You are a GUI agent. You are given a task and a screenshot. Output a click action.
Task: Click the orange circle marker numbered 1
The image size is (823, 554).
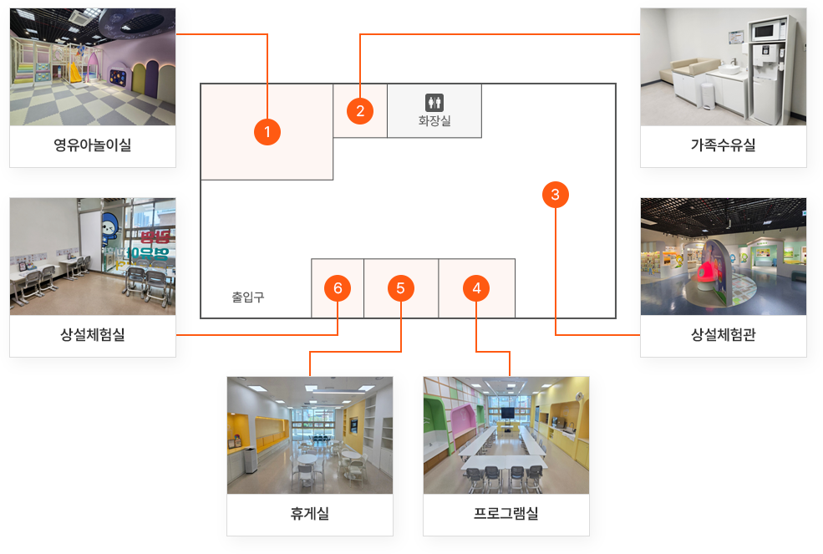click(x=267, y=131)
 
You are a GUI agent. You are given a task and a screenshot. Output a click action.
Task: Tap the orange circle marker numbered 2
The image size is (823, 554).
click(x=360, y=110)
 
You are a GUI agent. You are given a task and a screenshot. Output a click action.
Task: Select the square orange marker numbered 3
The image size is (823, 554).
click(x=556, y=194)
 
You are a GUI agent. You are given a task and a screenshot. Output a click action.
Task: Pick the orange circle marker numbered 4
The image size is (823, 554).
click(x=476, y=288)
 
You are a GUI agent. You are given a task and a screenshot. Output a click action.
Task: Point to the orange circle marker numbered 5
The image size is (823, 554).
click(x=401, y=288)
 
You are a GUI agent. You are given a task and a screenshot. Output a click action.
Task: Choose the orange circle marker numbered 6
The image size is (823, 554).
click(x=338, y=288)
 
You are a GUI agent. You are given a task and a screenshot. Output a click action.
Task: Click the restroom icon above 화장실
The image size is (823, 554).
click(x=434, y=102)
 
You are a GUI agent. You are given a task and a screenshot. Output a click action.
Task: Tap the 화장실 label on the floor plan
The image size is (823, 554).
click(x=434, y=121)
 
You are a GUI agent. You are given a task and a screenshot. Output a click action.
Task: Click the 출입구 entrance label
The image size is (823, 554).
click(x=248, y=297)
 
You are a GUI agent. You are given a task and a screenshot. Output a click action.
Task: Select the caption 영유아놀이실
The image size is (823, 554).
click(x=93, y=145)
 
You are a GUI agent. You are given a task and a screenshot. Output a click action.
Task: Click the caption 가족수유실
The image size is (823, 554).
click(x=723, y=145)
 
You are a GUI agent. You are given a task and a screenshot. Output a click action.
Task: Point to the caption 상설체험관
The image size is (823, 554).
click(x=723, y=335)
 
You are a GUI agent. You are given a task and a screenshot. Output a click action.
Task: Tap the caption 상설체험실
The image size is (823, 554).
click(x=93, y=335)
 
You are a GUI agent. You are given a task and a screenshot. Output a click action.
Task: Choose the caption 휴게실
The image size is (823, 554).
click(x=309, y=513)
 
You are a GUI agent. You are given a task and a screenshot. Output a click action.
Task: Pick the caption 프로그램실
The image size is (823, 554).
click(x=505, y=513)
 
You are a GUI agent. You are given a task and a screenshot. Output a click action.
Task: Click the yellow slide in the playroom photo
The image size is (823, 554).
click(x=75, y=71)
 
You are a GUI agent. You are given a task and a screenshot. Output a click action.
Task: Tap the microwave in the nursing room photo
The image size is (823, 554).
click(x=764, y=32)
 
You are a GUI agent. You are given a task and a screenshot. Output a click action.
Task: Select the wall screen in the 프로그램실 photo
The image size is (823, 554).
click(x=506, y=412)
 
